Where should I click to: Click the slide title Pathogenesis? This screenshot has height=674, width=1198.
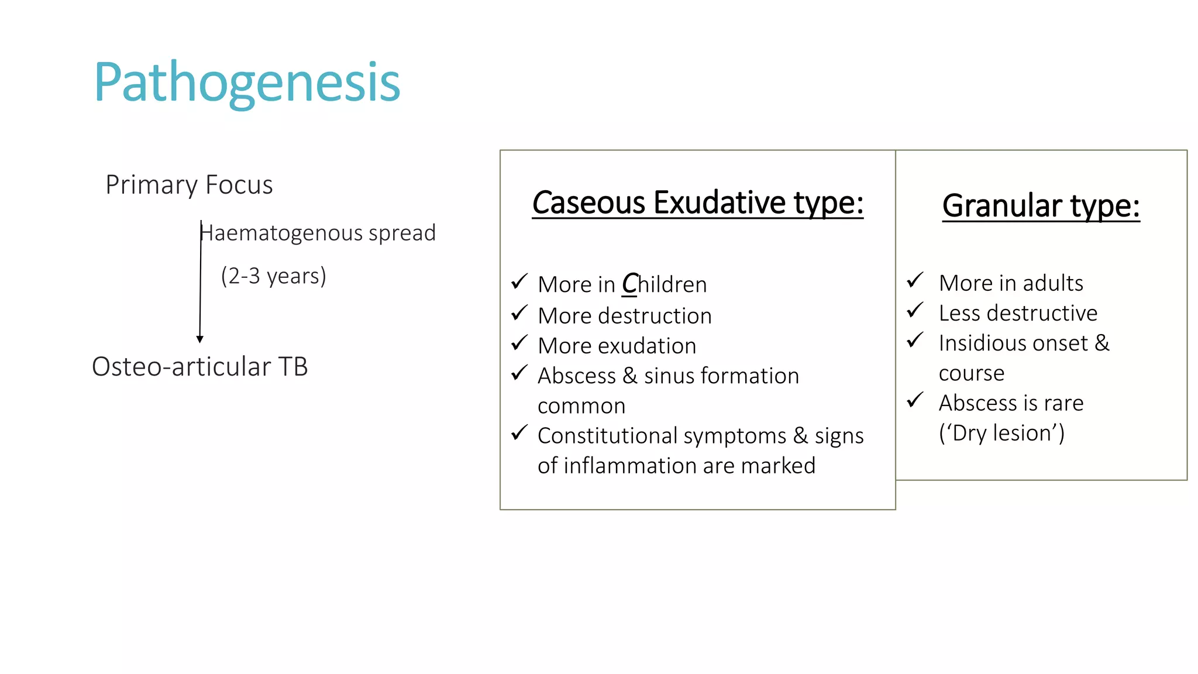tap(246, 82)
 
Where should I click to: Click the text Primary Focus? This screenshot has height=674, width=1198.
tap(189, 185)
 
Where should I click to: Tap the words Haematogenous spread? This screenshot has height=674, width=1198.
tap(318, 233)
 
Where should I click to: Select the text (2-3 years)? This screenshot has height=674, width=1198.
tap(273, 276)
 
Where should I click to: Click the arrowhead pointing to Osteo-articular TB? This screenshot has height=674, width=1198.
tap(200, 339)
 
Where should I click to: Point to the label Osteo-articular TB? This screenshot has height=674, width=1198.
tap(199, 367)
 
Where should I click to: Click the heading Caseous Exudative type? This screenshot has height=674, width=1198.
tap(697, 203)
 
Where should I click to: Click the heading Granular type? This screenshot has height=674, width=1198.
tap(1041, 206)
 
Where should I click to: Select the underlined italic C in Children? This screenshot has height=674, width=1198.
tap(629, 284)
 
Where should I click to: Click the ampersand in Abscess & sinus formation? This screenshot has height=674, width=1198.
tap(630, 376)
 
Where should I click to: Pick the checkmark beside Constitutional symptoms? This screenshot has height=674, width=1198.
tap(519, 433)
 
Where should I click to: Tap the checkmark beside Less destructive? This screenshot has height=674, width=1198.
tap(915, 310)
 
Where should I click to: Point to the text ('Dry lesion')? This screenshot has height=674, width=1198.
tap(1001, 433)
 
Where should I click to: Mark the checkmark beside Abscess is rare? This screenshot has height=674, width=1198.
tap(915, 400)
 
